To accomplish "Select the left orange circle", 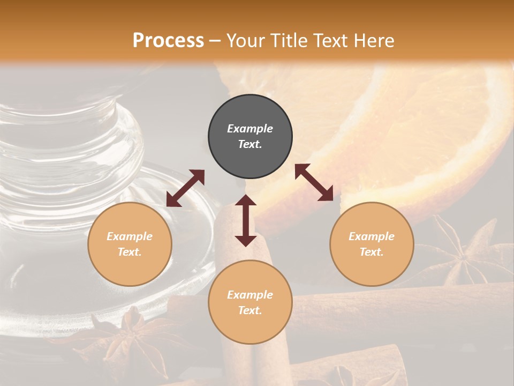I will [x=130, y=244].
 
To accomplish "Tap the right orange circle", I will [x=372, y=244].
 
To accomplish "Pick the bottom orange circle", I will [x=250, y=302].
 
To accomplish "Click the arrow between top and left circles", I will [x=185, y=188].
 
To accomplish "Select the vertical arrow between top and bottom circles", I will [x=246, y=220].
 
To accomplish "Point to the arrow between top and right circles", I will [x=314, y=182].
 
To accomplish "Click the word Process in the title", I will [x=168, y=40].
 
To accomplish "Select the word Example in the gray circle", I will [x=250, y=129].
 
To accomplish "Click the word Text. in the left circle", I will [x=130, y=252].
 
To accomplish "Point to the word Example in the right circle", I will [x=372, y=236].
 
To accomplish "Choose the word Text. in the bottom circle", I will [x=250, y=310].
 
